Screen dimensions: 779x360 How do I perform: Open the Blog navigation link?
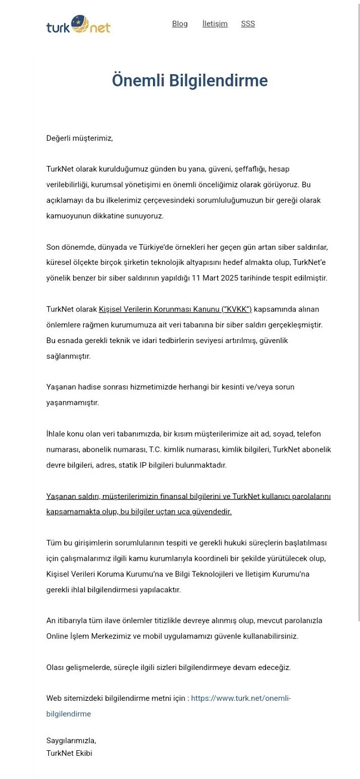pos(180,24)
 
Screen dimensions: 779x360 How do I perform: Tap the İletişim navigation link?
pos(215,24)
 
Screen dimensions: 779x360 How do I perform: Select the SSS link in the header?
pos(248,24)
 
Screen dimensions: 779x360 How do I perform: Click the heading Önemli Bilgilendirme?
pos(190,81)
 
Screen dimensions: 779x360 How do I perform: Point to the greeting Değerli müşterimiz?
pos(79,138)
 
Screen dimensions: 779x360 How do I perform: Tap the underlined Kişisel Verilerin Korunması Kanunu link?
pos(175,309)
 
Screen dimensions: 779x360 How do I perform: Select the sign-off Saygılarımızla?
pos(71,741)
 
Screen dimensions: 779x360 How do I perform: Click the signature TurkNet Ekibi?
pos(69,753)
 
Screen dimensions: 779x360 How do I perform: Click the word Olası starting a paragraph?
pos(57,668)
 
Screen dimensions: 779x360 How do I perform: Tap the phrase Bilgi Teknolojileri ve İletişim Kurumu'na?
pos(244,574)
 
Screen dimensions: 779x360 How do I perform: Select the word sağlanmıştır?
pos(69,356)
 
